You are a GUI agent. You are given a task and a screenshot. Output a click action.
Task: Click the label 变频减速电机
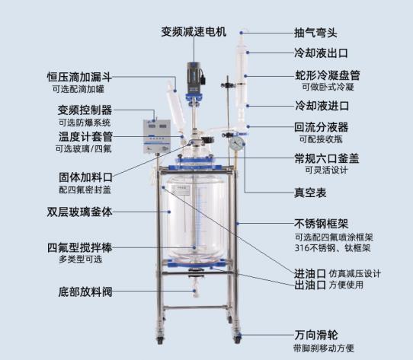pos(194,32)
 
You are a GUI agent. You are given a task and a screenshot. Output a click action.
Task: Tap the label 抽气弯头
pos(315,33)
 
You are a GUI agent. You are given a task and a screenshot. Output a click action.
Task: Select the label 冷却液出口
pos(321,53)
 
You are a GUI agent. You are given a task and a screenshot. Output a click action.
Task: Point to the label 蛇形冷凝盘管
pos(328,75)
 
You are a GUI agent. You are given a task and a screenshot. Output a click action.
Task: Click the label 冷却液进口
pos(322,106)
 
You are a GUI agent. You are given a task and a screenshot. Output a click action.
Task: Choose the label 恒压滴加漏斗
pos(79,77)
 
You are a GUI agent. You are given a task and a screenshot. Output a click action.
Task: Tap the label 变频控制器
pos(85,110)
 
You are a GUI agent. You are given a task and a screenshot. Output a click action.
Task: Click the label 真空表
pos(310,193)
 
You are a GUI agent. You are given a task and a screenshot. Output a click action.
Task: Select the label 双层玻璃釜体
pos(79,212)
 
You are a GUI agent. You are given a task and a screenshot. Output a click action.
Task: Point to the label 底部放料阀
pos(85,292)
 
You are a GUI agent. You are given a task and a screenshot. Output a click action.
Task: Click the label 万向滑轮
pos(316,335)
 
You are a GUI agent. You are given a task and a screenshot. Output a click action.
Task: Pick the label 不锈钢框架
pos(322,224)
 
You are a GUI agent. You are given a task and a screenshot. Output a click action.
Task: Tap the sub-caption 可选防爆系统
pos(85,123)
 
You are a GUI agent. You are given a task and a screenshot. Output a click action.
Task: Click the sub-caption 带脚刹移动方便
pos(324,348)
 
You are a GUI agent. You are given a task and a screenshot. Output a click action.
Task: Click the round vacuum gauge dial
pos(236,144)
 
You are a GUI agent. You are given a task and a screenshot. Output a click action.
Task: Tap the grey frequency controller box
pos(157,136)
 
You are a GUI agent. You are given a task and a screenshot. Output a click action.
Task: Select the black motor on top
pos(194,75)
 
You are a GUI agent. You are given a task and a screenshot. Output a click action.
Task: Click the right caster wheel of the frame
pos(237,338)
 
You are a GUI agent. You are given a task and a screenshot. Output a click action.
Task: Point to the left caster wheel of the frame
pos(160,339)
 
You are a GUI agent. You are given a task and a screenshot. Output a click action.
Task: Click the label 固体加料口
pos(85,177)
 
